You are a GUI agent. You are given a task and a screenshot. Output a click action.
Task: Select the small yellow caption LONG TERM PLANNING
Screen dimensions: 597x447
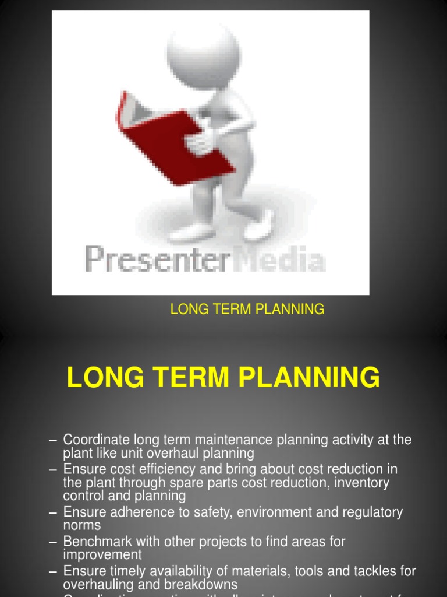[247, 310]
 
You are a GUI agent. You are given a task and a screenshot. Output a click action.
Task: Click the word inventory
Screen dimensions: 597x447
[360, 483]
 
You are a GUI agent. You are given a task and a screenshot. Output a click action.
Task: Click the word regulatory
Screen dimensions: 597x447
[371, 512]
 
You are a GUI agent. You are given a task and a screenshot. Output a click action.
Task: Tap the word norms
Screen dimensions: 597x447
[82, 525]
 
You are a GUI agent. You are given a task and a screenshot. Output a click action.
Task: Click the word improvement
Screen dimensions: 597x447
[102, 555]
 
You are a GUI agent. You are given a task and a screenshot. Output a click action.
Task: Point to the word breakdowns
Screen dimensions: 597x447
[200, 584]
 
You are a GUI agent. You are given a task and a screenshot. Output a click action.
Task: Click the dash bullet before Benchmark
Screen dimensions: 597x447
[54, 542]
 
